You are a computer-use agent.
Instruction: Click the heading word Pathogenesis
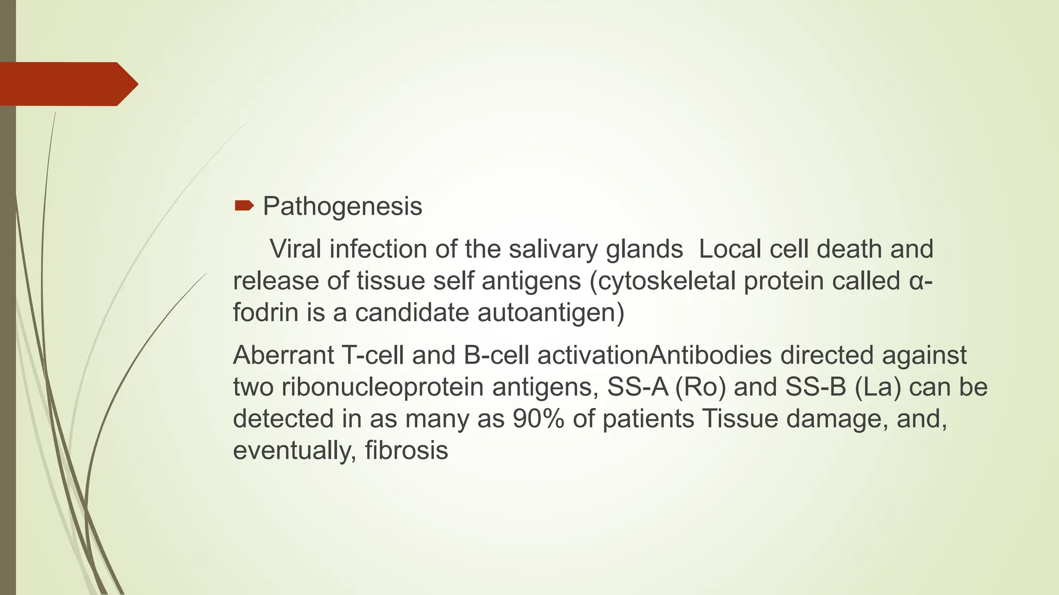342,207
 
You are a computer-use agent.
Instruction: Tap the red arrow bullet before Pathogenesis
244,207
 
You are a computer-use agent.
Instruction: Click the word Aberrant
283,355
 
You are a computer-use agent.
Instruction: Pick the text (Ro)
700,387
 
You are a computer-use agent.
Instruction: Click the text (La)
878,387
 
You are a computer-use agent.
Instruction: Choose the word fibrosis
406,450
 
